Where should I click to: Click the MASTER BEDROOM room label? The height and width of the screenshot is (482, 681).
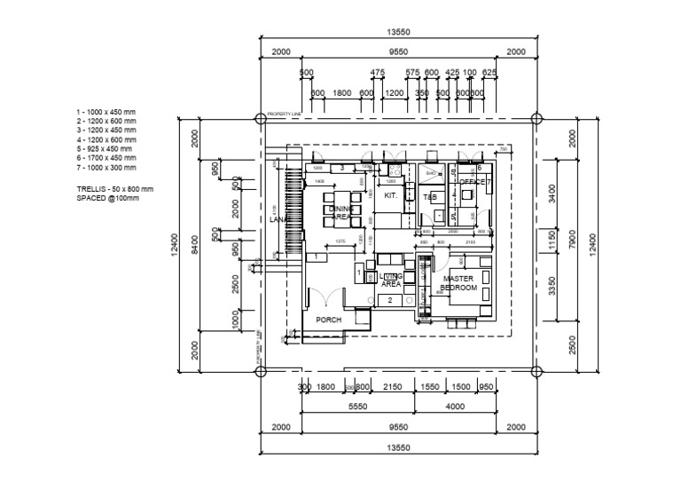[x=459, y=283]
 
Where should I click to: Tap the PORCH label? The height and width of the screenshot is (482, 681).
[x=329, y=320]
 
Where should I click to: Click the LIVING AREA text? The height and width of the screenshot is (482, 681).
[x=391, y=281]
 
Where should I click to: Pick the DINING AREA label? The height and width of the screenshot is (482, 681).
[x=341, y=212]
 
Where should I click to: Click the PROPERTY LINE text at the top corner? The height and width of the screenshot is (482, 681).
[x=286, y=115]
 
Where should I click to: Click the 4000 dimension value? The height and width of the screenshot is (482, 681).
[x=456, y=407]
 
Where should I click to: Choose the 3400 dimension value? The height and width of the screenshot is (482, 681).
[x=553, y=194]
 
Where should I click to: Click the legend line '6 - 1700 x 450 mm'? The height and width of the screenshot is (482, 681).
[x=107, y=158]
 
